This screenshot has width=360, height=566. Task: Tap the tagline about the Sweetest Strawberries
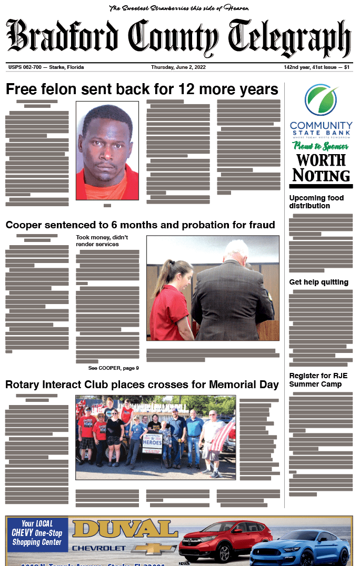click(x=179, y=8)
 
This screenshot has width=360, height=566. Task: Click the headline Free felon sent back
click(x=142, y=89)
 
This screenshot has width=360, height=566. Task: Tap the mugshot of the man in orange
click(x=107, y=150)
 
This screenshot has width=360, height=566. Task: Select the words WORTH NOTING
click(x=321, y=167)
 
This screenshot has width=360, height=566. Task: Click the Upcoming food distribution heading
click(x=316, y=201)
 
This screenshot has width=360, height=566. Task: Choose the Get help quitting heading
click(x=318, y=282)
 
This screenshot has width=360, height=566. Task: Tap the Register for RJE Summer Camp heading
click(x=318, y=380)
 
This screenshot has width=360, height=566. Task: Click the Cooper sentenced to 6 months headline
click(x=140, y=225)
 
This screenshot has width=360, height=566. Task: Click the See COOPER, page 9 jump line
click(x=114, y=368)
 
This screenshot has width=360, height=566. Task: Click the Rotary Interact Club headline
click(x=142, y=385)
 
